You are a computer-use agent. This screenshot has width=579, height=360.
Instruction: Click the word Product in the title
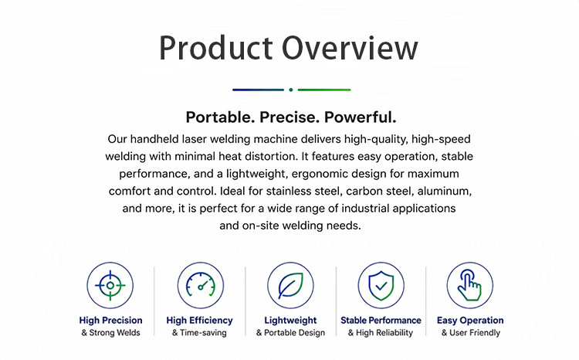coord(216,48)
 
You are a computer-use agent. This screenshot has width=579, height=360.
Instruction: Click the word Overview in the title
coord(350,48)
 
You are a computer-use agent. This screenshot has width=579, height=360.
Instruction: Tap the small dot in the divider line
coord(291,90)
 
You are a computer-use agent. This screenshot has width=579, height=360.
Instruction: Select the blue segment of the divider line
coord(258,90)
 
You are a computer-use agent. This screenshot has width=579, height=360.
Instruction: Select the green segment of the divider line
coord(324,90)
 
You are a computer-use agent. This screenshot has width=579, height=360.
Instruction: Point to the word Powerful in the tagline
coord(360,117)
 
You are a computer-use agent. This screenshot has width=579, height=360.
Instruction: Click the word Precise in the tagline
coord(289,117)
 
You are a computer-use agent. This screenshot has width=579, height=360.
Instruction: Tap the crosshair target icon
coord(110,285)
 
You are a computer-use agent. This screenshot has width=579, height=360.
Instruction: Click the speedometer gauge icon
coord(201,285)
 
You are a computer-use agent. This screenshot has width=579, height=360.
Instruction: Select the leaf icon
coord(290,285)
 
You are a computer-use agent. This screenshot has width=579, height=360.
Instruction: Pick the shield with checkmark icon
coord(381,285)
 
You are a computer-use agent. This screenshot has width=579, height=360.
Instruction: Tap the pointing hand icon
coord(469,284)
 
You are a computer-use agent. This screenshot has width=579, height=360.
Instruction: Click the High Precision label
coord(110,321)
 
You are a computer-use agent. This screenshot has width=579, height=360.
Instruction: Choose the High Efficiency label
coord(199,321)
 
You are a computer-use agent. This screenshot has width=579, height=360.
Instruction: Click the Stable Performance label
coord(381,321)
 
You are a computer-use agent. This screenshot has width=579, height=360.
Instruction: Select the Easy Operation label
coord(470,321)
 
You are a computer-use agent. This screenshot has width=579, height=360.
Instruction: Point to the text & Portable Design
coord(290,333)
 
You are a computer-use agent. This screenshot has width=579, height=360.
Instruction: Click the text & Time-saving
coord(199,333)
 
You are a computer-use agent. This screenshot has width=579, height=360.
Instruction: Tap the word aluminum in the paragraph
coord(445,191)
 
